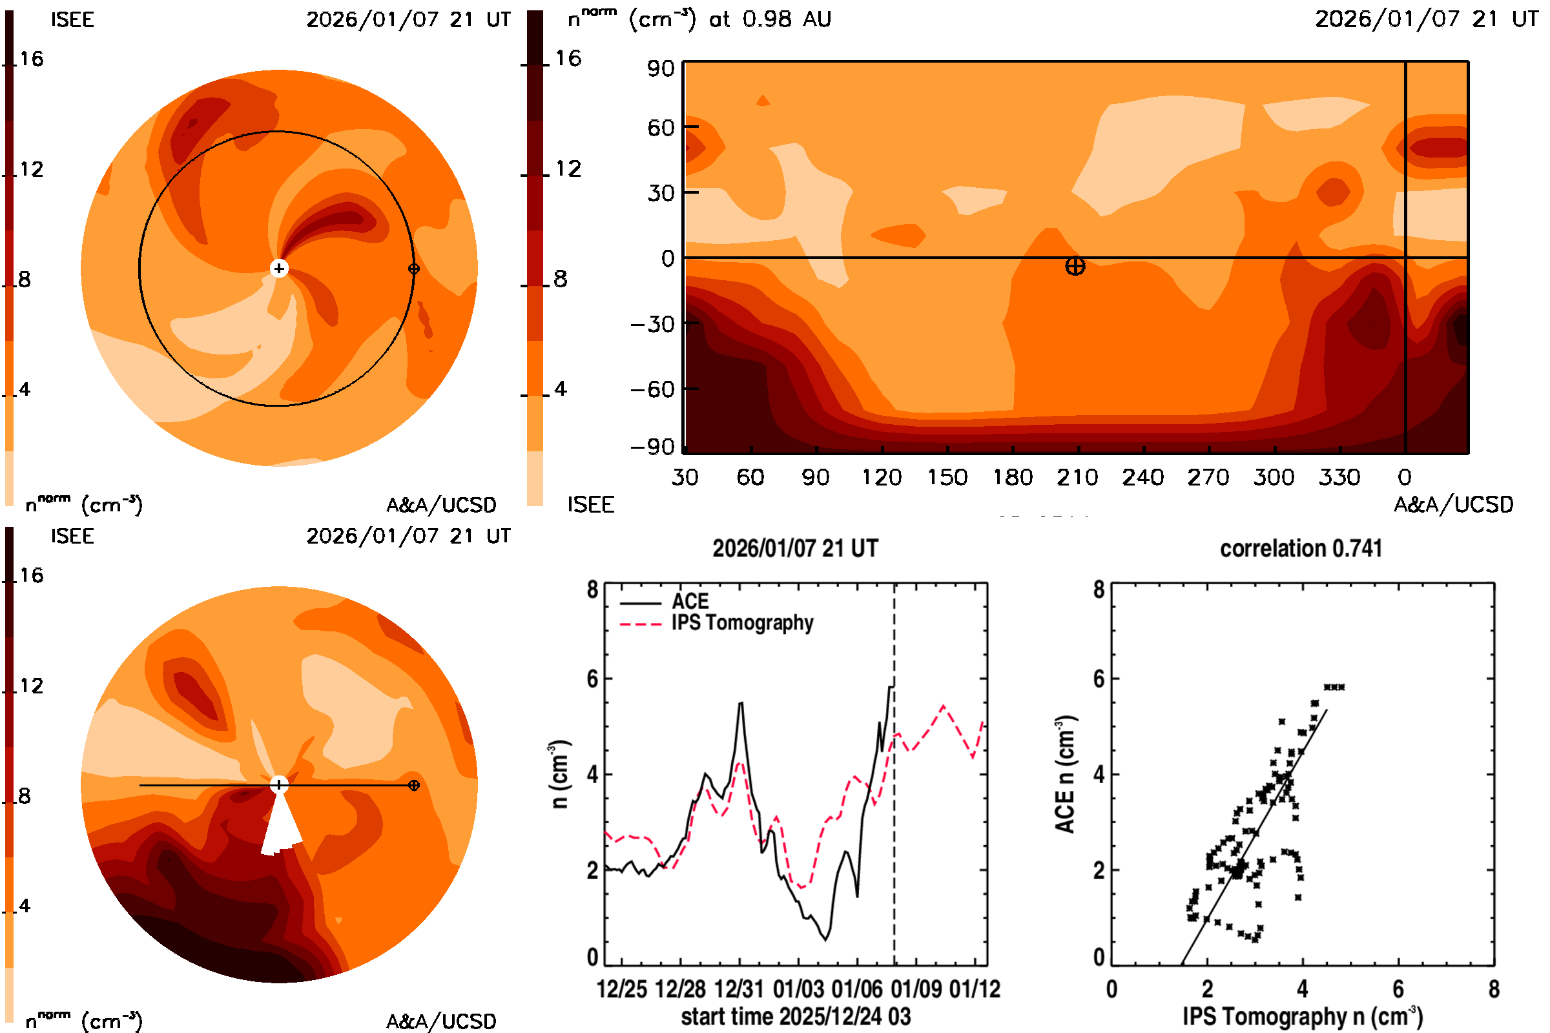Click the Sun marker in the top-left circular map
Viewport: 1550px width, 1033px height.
pos(279,268)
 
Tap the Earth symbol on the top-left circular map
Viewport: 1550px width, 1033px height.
pos(414,268)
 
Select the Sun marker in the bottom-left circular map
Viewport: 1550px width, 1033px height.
pos(279,784)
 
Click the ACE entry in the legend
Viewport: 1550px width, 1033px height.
pos(689,602)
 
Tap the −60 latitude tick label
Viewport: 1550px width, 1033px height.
pos(652,389)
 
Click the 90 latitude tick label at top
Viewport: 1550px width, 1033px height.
pos(660,68)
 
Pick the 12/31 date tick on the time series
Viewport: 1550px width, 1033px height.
pos(739,989)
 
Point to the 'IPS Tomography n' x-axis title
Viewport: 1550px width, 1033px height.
pos(1302,1016)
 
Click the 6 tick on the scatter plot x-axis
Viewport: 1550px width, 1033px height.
pos(1398,989)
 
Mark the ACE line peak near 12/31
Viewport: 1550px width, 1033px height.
pos(741,703)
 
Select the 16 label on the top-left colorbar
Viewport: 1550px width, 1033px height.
pos(31,59)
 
